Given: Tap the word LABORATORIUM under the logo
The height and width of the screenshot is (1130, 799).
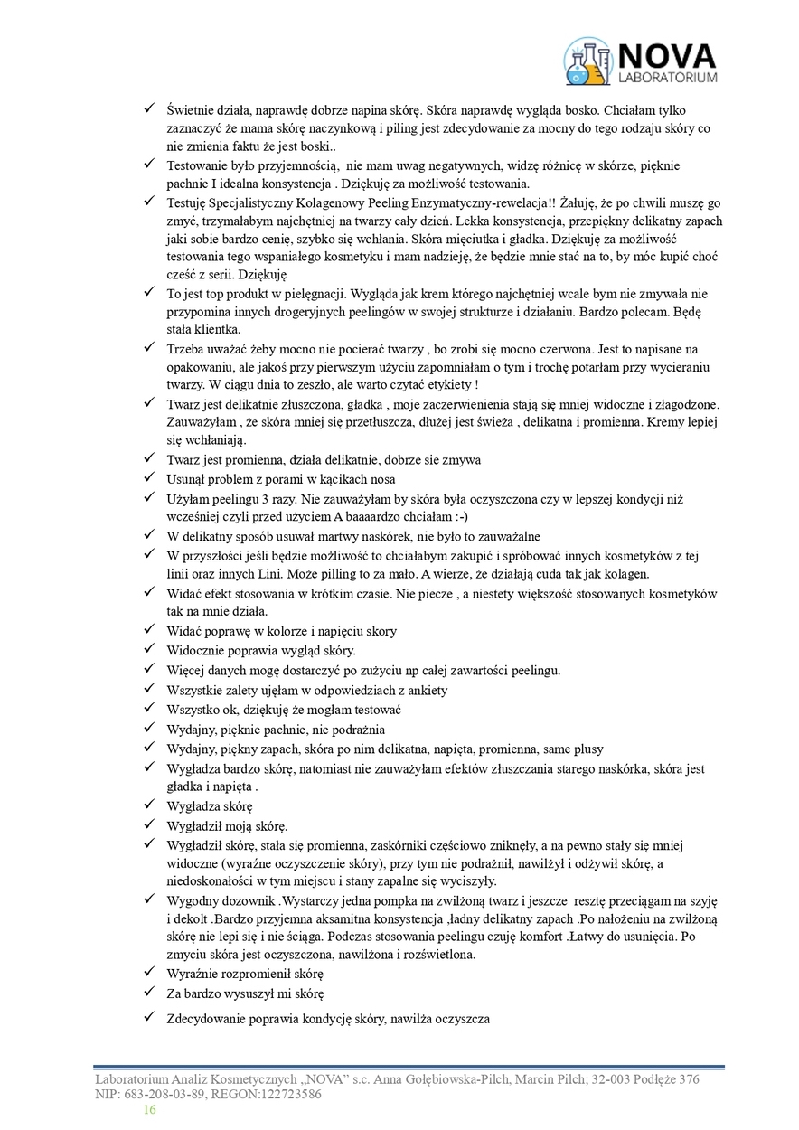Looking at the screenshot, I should click(667, 79).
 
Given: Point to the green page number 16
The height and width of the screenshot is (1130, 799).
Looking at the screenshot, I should click(150, 1109).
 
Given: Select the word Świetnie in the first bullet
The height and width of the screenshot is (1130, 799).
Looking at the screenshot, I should click(191, 108).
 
